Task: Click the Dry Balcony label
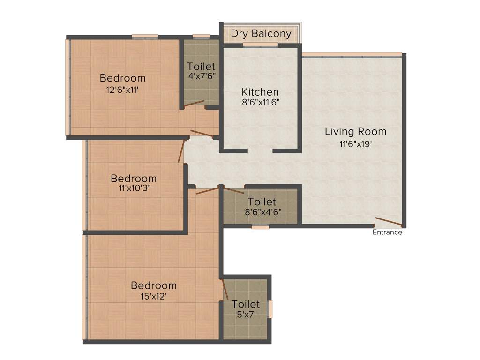[x=261, y=34]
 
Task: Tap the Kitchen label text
[x=260, y=92]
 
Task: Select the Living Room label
[x=355, y=131]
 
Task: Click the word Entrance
[x=387, y=232]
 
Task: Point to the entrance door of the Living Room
[x=388, y=222]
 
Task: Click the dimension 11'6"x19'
[x=355, y=144]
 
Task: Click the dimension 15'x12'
[x=154, y=296]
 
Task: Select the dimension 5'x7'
[x=245, y=315]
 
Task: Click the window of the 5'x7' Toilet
[x=270, y=309]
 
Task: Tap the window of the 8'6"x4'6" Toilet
[x=260, y=227]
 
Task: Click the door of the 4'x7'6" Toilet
[x=194, y=103]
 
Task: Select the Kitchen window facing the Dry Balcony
[x=260, y=45]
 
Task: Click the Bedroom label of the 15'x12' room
[x=154, y=285]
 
